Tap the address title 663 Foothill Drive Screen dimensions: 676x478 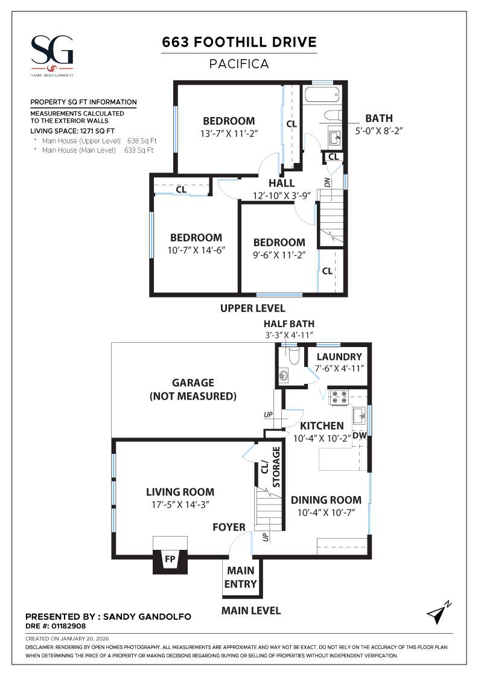click(x=239, y=42)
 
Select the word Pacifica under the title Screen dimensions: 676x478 click(x=239, y=63)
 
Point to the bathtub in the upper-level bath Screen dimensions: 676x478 click(x=322, y=95)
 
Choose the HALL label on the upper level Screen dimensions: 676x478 click(x=282, y=183)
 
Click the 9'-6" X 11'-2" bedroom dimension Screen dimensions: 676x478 click(x=279, y=255)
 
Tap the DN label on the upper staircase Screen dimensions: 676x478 click(x=327, y=182)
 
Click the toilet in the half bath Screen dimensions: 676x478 click(x=294, y=357)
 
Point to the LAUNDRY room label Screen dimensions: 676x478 click(x=339, y=357)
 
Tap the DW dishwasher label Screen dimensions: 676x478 click(x=359, y=435)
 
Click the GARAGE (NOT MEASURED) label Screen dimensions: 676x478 click(x=193, y=389)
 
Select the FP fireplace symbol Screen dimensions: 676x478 click(x=170, y=560)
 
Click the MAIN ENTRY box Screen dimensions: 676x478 click(x=241, y=577)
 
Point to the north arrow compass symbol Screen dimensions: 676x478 click(x=438, y=613)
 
